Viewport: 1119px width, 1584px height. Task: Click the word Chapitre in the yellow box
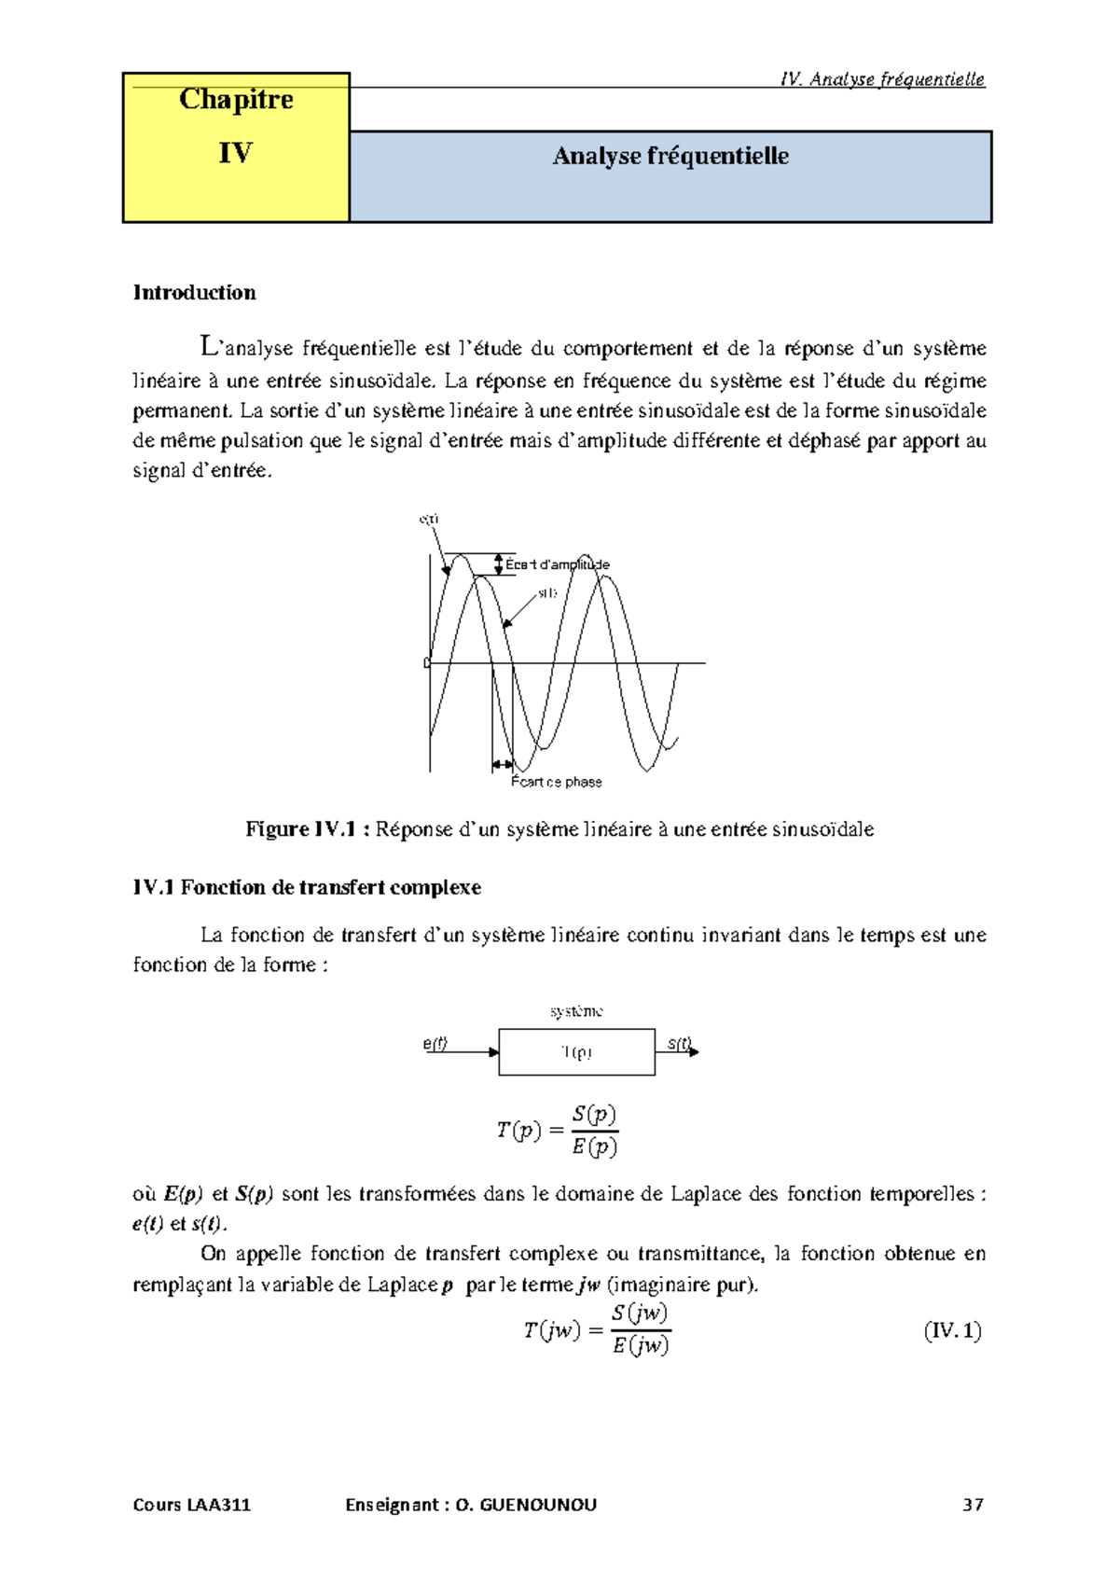(236, 100)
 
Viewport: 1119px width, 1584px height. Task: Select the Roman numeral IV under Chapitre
(235, 153)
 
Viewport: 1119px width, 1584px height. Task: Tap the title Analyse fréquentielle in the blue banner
(670, 156)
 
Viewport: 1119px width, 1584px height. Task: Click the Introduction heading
(194, 292)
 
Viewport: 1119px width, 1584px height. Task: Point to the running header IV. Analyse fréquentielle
(881, 79)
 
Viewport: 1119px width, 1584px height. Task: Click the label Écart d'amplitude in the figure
(558, 564)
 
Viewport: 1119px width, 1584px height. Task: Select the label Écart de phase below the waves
(556, 782)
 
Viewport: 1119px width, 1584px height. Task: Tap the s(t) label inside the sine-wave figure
(547, 593)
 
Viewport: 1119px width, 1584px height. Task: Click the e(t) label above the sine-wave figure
(429, 519)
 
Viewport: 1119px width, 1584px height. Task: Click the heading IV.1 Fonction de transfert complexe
(307, 887)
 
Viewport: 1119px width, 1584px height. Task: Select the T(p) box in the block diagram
(576, 1052)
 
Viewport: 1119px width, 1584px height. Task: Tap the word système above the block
(576, 1011)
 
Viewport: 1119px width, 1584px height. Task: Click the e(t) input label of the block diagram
(435, 1044)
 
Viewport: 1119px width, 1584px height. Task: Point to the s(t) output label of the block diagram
(680, 1044)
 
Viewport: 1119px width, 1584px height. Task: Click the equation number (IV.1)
(952, 1330)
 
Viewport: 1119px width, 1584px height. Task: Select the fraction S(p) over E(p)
(594, 1131)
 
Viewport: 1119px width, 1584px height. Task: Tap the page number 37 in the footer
(973, 1505)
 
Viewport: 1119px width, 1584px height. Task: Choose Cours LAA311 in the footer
(192, 1505)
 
